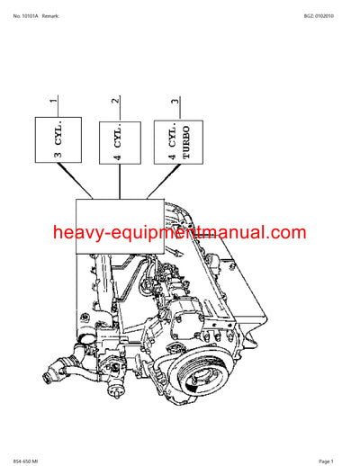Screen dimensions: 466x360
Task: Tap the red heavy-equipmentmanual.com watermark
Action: point(180,233)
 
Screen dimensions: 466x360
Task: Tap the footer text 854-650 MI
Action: point(28,460)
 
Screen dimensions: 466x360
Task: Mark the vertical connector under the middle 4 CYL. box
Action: point(120,184)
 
